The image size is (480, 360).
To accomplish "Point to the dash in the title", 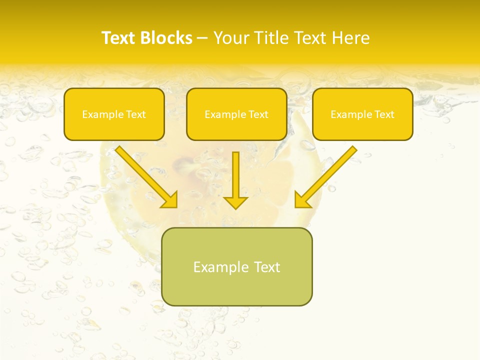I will pos(202,38).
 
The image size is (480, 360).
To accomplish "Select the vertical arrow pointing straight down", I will pos(235,180).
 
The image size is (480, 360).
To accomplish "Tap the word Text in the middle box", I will pos(258,114).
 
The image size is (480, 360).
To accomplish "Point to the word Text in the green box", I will pos(267,267).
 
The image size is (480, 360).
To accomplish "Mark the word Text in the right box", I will pos(384,114).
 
